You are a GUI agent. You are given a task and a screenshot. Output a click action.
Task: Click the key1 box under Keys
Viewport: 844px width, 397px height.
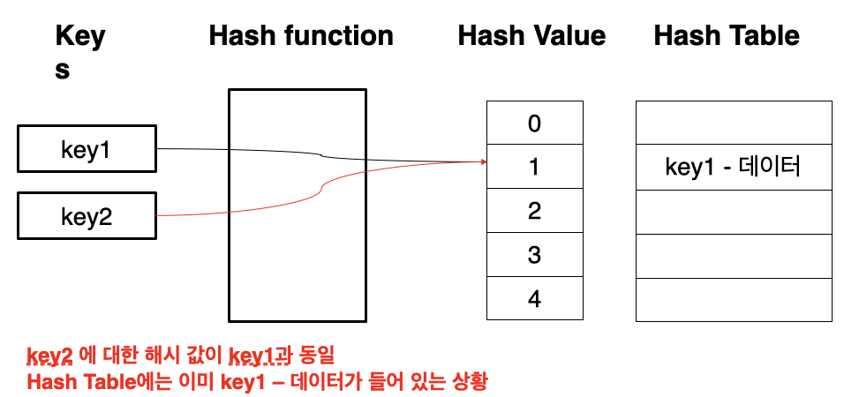pyautogui.click(x=87, y=149)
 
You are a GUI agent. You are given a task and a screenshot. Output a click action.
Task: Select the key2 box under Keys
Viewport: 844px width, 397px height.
pyautogui.click(x=87, y=216)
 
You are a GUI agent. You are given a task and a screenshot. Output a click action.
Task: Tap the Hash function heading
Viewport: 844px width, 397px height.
pyautogui.click(x=301, y=36)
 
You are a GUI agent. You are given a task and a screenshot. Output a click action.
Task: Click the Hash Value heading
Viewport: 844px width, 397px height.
pyautogui.click(x=531, y=36)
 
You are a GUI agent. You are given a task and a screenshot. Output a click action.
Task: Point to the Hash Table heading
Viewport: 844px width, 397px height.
pyautogui.click(x=727, y=36)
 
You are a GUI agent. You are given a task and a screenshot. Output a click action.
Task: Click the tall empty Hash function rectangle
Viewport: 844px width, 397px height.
pyautogui.click(x=297, y=205)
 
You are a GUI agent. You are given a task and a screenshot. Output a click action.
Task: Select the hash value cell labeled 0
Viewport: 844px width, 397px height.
pyautogui.click(x=534, y=123)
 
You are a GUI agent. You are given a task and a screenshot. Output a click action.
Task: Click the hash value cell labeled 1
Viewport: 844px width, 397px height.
pyautogui.click(x=534, y=167)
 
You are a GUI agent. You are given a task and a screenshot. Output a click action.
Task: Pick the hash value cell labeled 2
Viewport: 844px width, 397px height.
pyautogui.click(x=534, y=211)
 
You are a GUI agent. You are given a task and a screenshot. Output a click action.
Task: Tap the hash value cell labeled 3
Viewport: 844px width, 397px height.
pyautogui.click(x=534, y=255)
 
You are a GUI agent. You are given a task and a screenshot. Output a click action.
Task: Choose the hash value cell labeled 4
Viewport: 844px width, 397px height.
pyautogui.click(x=534, y=298)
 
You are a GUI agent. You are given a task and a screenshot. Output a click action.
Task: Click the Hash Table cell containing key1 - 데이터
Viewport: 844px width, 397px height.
pyautogui.click(x=733, y=167)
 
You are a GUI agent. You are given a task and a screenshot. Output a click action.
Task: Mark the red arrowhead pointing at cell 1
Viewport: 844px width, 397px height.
pyautogui.click(x=482, y=161)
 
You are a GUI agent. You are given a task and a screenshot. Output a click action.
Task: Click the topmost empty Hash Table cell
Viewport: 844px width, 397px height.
pyautogui.click(x=733, y=123)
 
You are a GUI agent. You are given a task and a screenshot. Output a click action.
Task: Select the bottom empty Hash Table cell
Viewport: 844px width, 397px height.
pyautogui.click(x=733, y=299)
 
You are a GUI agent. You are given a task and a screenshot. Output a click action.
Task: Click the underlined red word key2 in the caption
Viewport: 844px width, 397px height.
pyautogui.click(x=49, y=356)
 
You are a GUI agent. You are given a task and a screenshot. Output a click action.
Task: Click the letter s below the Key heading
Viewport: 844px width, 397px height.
pyautogui.click(x=63, y=70)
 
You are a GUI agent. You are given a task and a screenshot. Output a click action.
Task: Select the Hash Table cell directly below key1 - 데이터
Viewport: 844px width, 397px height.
pyautogui.click(x=733, y=211)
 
